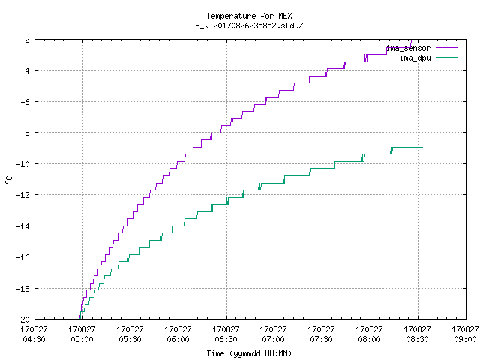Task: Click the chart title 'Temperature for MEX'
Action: click(249, 16)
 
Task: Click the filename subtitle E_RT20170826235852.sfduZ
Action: click(249, 25)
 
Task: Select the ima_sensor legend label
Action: click(408, 48)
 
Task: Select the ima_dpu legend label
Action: click(415, 58)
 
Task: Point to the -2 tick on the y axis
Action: click(25, 40)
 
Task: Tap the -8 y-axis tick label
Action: click(25, 133)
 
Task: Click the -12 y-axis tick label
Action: click(23, 195)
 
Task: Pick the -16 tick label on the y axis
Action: click(23, 257)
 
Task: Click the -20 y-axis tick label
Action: click(23, 319)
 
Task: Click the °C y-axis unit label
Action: click(8, 180)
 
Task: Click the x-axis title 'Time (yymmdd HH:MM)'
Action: click(249, 353)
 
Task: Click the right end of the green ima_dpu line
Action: click(422, 148)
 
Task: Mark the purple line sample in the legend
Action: click(446, 48)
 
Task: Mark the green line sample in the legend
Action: click(446, 58)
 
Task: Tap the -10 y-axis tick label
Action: click(23, 164)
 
